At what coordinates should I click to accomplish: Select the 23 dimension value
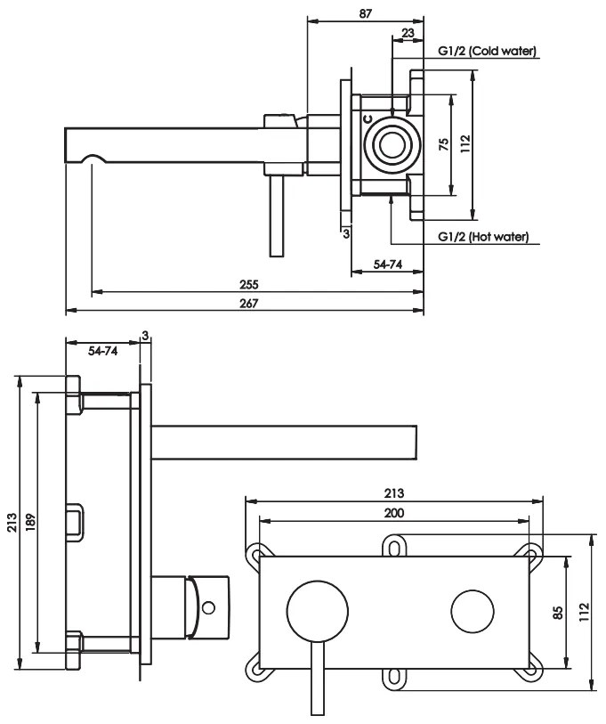tap(408, 32)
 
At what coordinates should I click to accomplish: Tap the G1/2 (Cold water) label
tap(487, 52)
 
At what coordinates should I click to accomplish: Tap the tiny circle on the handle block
tap(209, 609)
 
